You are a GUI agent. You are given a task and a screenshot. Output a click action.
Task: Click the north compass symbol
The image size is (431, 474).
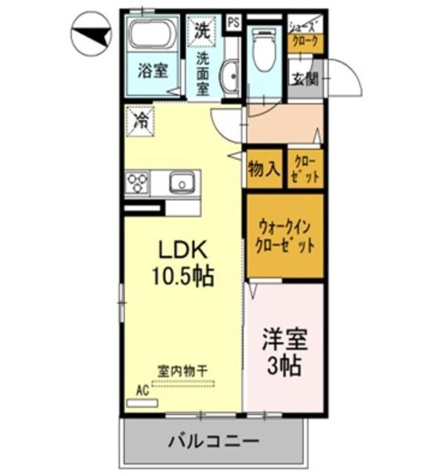pos(90,33)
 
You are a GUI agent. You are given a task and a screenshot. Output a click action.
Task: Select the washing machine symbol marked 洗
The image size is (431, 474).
pos(202,30)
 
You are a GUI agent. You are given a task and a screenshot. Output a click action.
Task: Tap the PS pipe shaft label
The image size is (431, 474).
pos(233,21)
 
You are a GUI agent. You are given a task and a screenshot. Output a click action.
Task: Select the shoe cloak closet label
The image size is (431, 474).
pos(305,33)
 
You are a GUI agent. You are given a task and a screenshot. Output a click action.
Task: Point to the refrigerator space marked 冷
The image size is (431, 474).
pos(139,122)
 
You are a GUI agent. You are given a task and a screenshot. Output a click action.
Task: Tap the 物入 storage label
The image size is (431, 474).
pos(263,170)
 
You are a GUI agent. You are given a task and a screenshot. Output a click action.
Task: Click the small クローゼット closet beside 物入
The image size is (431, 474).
pos(305,170)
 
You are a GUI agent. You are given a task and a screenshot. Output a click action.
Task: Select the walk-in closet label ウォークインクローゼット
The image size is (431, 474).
pos(285,236)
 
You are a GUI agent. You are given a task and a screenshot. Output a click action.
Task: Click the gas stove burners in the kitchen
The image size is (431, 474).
pos(137,182)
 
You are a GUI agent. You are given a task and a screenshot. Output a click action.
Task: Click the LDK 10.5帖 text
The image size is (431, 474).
pos(182,264)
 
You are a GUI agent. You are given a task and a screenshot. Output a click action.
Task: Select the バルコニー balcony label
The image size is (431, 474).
pos(213,442)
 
